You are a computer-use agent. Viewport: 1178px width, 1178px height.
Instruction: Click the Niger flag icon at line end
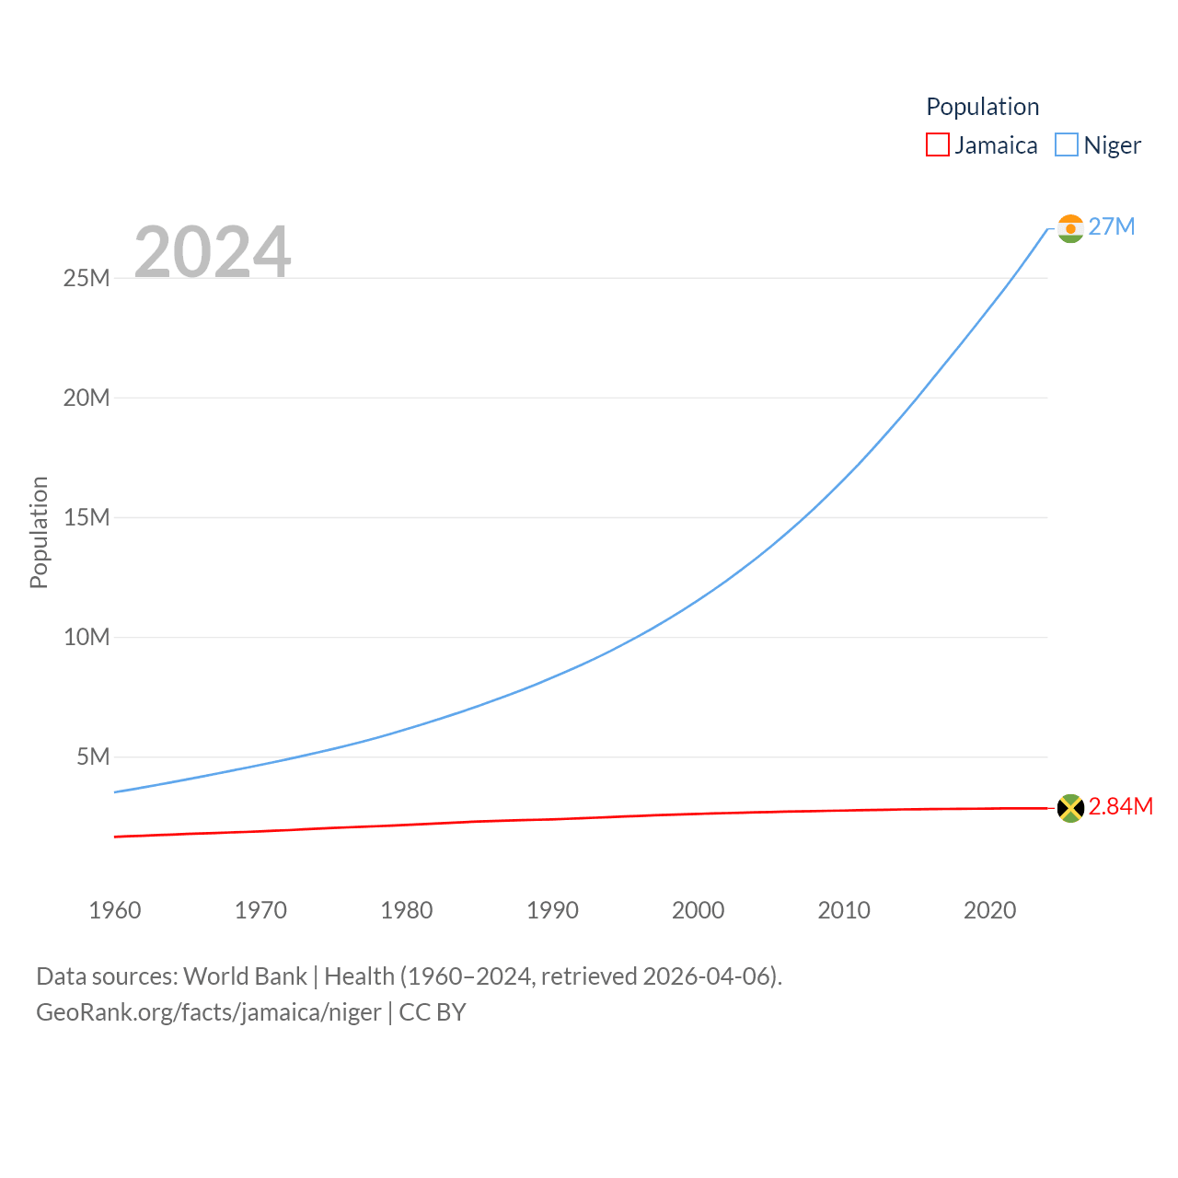coord(1070,228)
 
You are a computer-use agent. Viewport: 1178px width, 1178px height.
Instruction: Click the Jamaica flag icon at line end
coord(1070,808)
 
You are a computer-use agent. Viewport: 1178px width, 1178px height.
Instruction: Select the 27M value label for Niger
coord(1112,226)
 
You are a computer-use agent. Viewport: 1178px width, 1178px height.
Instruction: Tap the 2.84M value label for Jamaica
coord(1120,806)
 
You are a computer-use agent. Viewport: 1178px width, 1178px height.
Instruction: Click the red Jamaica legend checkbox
coord(937,145)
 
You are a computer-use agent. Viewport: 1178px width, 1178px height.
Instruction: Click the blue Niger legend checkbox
coord(1066,145)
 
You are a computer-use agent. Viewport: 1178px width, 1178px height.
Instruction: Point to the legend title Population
coord(982,107)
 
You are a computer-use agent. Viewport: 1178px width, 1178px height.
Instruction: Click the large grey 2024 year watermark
coord(213,251)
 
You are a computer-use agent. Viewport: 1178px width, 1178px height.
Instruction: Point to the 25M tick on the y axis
coord(87,278)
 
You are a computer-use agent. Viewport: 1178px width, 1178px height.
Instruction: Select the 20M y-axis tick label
coord(87,398)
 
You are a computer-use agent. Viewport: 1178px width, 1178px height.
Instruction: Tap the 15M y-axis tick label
coord(87,517)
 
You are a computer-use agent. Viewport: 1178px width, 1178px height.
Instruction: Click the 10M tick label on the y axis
coord(87,637)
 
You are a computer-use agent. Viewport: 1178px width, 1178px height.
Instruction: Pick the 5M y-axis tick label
coord(93,756)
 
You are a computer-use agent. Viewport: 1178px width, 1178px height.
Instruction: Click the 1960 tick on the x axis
coord(115,910)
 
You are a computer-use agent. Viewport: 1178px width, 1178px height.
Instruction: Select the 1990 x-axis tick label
coord(552,910)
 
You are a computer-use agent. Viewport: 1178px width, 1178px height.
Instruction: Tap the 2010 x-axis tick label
coord(844,910)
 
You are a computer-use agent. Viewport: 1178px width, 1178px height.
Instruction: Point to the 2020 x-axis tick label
coord(989,910)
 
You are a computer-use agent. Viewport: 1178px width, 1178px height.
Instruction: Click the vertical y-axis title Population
coord(39,532)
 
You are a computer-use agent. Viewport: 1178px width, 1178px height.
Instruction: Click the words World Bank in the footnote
coord(245,976)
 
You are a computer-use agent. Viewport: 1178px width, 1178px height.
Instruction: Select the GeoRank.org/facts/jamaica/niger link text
coord(209,1012)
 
